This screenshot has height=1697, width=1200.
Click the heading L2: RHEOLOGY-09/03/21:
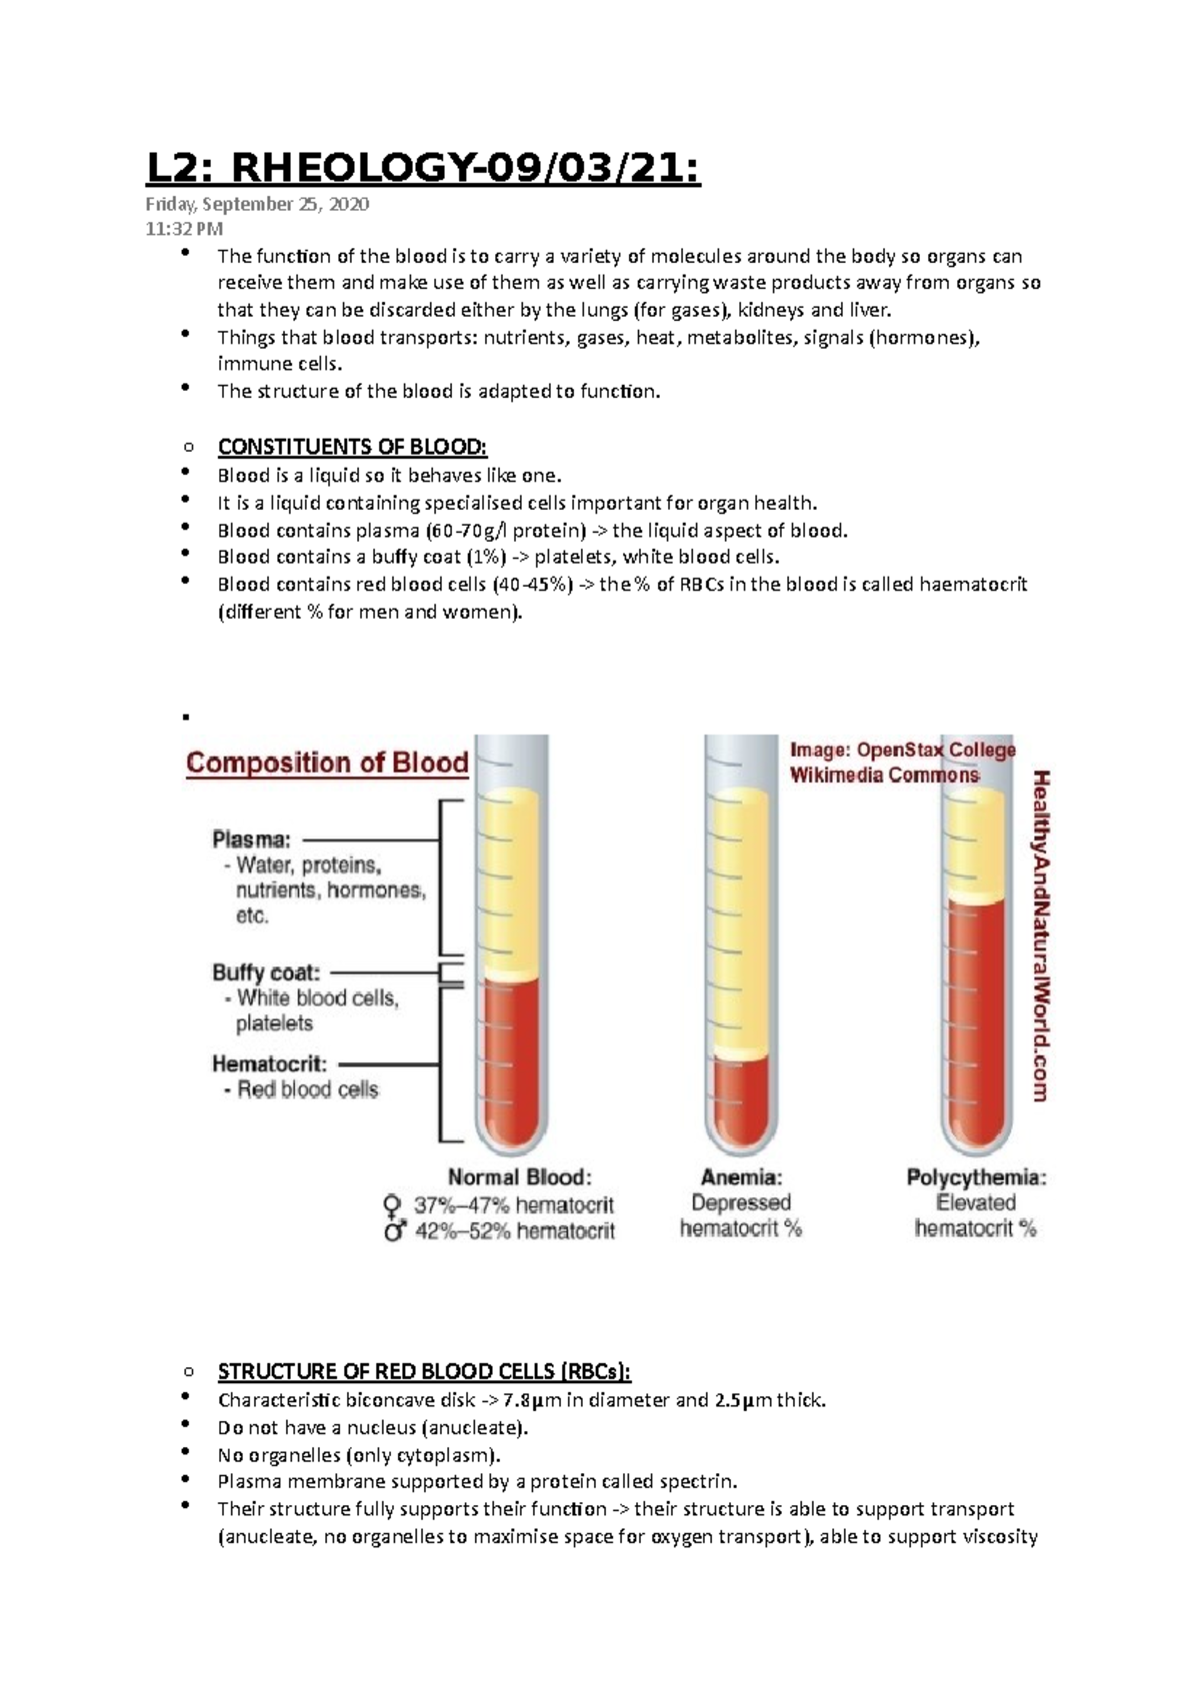[x=423, y=169]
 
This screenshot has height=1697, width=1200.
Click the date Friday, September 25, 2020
[x=257, y=205]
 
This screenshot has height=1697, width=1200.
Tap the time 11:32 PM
[x=184, y=229]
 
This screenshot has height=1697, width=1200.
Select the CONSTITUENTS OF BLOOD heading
[x=352, y=447]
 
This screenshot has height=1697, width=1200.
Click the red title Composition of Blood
[x=327, y=764]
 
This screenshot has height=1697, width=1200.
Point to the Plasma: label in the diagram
[x=251, y=841]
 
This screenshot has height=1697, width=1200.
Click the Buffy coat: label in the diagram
[x=266, y=972]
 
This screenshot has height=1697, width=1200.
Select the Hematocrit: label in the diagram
[x=269, y=1064]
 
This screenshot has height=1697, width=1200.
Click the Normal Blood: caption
[x=519, y=1177]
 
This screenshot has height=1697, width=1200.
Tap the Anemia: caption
[x=741, y=1177]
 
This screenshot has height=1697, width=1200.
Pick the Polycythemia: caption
[x=976, y=1177]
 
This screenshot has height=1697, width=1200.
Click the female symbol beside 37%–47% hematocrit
[x=393, y=1205]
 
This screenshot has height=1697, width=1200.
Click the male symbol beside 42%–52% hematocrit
[x=394, y=1231]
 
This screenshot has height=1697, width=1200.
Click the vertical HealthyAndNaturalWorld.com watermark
[x=1040, y=934]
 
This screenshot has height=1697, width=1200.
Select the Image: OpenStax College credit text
[x=902, y=750]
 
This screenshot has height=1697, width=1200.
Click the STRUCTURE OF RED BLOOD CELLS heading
[x=424, y=1371]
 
